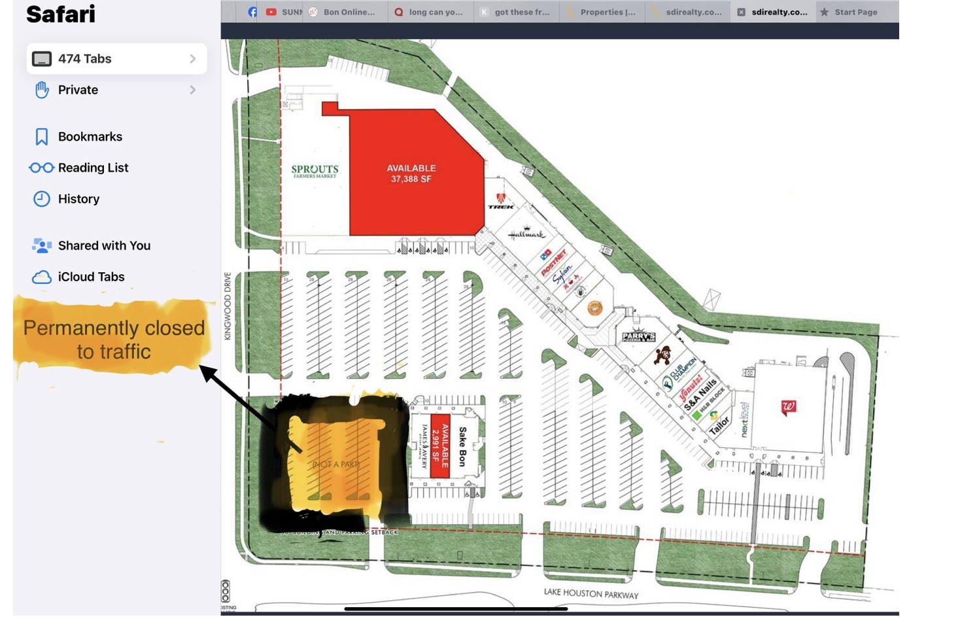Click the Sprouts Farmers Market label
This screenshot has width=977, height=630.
[315, 171]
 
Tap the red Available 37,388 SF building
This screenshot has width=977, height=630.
[411, 173]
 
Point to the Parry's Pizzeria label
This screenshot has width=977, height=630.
[638, 337]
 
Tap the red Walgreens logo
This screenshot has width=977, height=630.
[789, 408]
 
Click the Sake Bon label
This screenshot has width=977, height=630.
[463, 446]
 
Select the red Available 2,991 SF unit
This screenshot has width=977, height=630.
[441, 446]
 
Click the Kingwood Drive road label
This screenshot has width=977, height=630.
[228, 306]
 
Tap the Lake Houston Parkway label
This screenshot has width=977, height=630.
[591, 594]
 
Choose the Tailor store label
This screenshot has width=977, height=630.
[719, 426]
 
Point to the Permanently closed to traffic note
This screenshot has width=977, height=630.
[114, 340]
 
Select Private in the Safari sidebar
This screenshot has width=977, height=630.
[78, 90]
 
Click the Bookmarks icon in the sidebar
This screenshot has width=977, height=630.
[42, 137]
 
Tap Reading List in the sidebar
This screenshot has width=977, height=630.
[93, 168]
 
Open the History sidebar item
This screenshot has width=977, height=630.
[78, 199]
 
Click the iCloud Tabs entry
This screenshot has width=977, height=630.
[91, 277]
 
